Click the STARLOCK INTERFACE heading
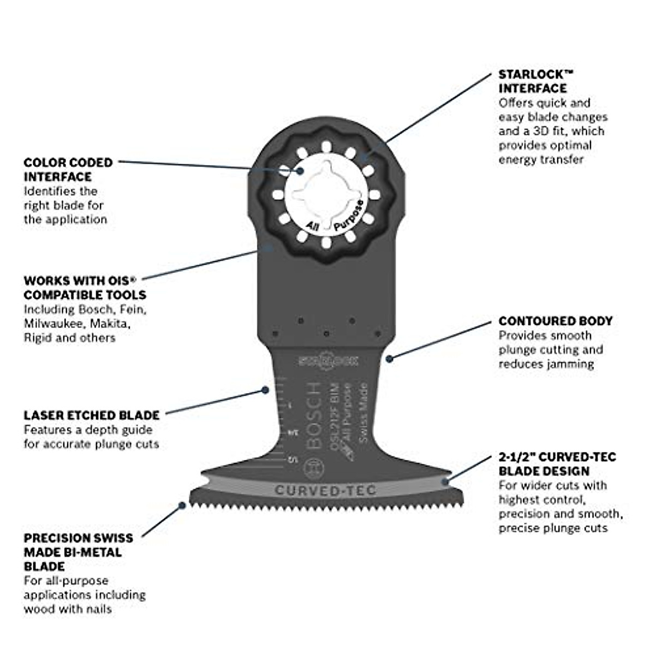click(x=532, y=81)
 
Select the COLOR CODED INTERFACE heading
click(x=68, y=169)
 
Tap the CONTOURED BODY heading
click(x=555, y=321)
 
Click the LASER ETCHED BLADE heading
click(x=91, y=415)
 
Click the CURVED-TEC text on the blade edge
click(x=325, y=490)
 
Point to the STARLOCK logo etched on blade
click(x=327, y=360)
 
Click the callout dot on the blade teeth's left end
click(x=182, y=506)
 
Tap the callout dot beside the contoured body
click(x=389, y=359)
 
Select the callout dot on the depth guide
click(x=265, y=390)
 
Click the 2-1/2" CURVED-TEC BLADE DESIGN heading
click(x=557, y=463)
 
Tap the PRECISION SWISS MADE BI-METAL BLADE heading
click(x=78, y=552)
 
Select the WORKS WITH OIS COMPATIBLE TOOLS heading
click(x=85, y=288)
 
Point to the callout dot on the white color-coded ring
click(x=301, y=170)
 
